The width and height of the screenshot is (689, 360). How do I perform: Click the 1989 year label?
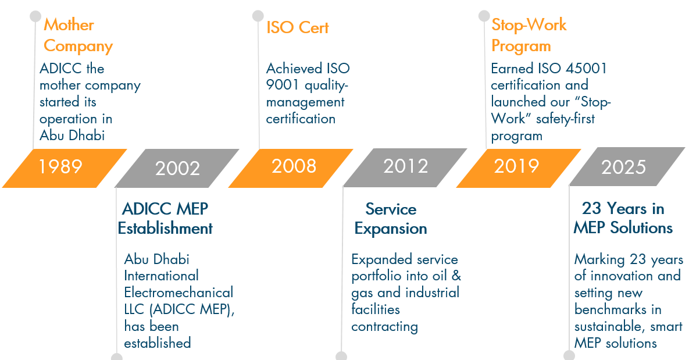(60, 167)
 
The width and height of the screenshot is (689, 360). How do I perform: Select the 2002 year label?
(177, 169)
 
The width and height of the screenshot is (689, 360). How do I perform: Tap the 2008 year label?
(294, 166)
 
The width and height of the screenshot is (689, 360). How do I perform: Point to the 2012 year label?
(406, 166)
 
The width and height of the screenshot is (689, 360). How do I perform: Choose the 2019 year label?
(516, 166)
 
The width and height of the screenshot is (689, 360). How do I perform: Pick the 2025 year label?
(623, 167)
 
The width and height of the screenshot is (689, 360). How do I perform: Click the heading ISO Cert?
(298, 28)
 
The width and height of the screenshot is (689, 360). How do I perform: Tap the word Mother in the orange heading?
(69, 24)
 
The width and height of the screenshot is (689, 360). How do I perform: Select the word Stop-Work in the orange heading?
(529, 24)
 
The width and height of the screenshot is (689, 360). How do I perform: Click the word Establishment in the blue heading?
(165, 229)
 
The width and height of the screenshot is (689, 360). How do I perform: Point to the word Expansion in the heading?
(391, 229)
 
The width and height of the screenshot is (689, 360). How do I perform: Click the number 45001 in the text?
(586, 69)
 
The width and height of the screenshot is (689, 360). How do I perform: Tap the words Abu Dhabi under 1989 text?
(72, 136)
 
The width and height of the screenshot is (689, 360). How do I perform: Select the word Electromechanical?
(179, 293)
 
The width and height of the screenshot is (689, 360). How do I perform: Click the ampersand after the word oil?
(456, 276)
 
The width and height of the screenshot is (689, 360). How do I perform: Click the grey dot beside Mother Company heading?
(35, 16)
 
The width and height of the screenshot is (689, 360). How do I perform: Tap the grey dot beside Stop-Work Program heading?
(484, 16)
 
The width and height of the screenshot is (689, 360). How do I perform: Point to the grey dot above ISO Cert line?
(258, 16)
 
